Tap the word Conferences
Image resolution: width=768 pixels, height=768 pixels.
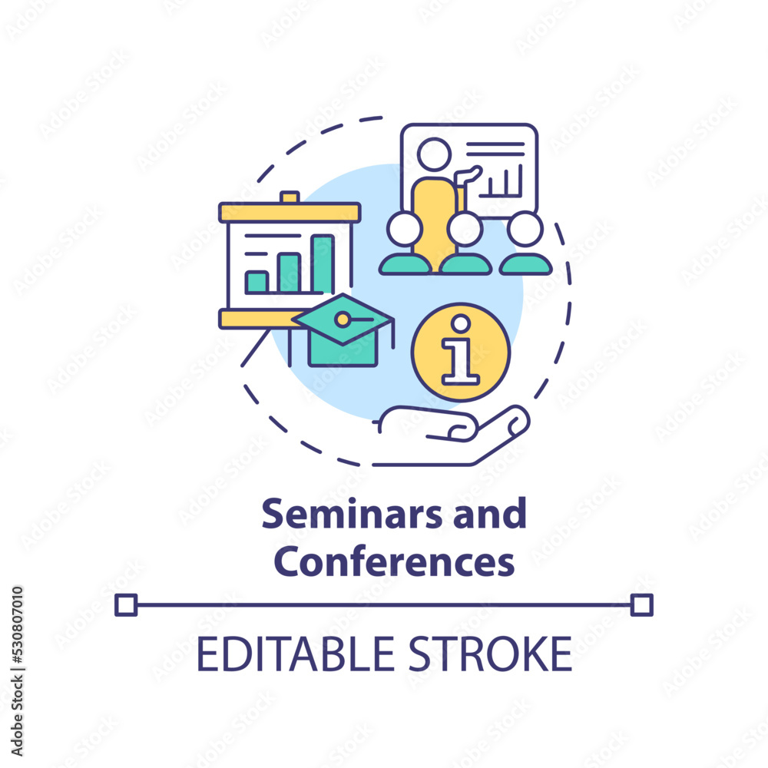394,561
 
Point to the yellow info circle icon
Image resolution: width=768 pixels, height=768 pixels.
460,353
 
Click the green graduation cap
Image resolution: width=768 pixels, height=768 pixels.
343,329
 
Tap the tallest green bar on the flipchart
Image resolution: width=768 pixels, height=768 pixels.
323,264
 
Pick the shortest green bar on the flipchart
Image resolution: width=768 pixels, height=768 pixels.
257,283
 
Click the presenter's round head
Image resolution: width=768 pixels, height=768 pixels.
434,154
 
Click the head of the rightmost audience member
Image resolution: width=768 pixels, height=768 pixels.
525,229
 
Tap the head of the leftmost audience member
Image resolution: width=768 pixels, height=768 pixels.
405,229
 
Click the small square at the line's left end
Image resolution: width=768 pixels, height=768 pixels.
126,605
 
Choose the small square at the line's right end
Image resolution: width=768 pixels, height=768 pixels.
641,605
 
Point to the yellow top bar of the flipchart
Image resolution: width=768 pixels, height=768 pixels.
290,212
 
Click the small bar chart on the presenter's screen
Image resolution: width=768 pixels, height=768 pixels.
501,181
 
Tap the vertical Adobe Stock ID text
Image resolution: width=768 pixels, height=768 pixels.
17,671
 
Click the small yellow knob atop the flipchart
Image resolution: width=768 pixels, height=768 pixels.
290,197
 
